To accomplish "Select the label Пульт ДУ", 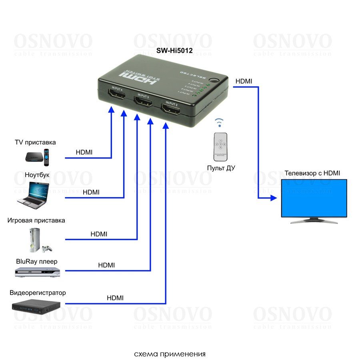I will pos(221,168).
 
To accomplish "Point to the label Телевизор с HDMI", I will pos(312,173).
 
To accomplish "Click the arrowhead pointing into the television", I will pos(274,198).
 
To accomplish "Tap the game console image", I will pos(38,240).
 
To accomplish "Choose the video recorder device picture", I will pos(36,307).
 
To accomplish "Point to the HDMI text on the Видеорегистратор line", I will pos(115,298).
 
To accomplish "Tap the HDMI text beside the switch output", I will pos(244,81).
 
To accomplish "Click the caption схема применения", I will pos(170,354).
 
